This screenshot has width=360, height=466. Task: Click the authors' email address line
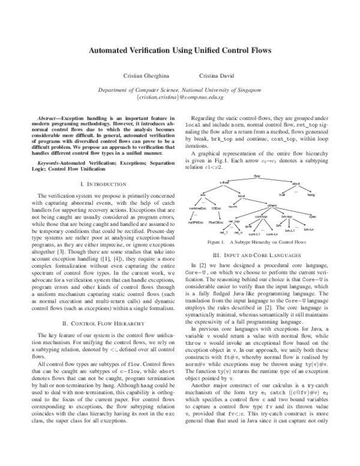180,96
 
